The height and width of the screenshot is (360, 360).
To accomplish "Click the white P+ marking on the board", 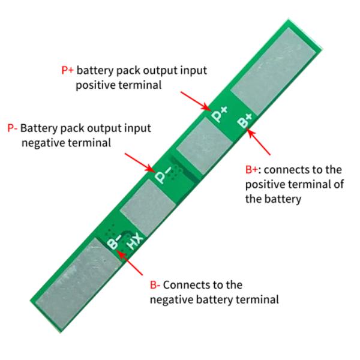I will tap(220, 111).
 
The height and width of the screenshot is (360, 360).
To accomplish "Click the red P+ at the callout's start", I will tap(68, 70).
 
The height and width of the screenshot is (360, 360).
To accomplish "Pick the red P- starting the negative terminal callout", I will tap(12, 128).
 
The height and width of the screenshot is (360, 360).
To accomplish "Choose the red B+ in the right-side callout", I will tap(254, 170).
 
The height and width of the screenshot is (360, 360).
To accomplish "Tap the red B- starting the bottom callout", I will tap(155, 285).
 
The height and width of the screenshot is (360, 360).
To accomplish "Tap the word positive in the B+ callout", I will tap(265, 185).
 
